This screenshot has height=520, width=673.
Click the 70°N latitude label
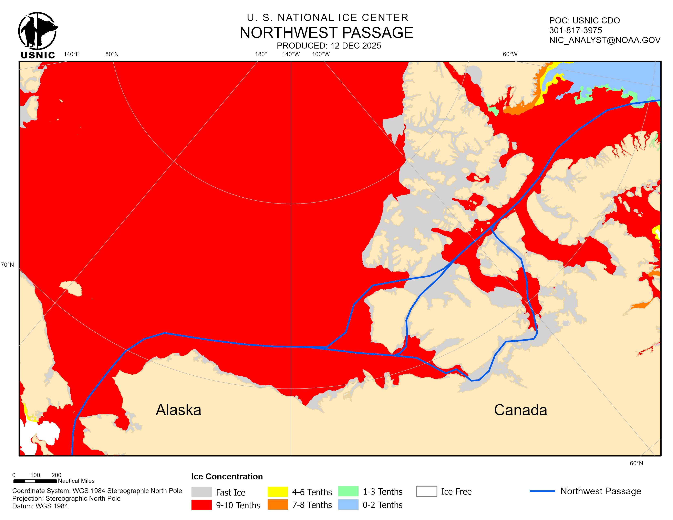pyautogui.click(x=7, y=265)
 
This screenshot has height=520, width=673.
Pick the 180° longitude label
pyautogui.click(x=261, y=54)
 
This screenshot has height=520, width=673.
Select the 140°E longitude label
pyautogui.click(x=72, y=54)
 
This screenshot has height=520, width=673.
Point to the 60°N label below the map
pyautogui.click(x=636, y=463)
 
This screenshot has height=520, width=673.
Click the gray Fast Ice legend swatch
pyautogui.click(x=201, y=492)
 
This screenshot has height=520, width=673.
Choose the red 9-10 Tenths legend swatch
pyautogui.click(x=201, y=505)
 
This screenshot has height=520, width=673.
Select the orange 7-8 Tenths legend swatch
pyautogui.click(x=277, y=505)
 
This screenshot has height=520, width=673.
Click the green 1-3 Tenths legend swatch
pyautogui.click(x=348, y=491)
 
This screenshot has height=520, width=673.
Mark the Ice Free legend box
pyautogui.click(x=426, y=491)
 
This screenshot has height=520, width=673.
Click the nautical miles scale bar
pyautogui.click(x=35, y=481)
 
